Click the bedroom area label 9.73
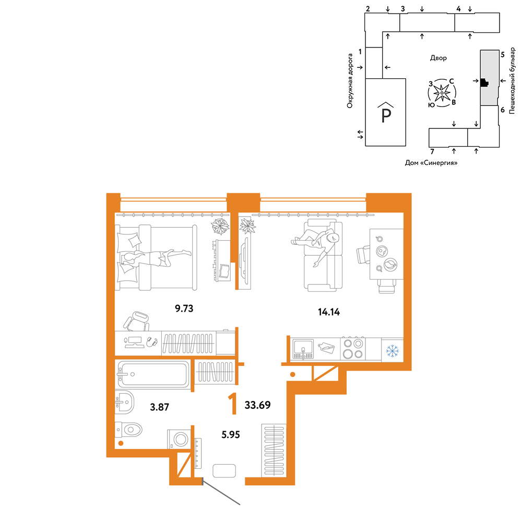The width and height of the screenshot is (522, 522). [184, 309]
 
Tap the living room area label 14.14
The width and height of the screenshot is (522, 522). [328, 312]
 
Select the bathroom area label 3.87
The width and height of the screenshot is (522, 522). [159, 407]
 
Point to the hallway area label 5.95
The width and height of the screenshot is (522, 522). [231, 434]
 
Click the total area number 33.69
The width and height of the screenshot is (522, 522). [258, 405]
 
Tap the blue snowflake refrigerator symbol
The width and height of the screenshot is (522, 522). [392, 351]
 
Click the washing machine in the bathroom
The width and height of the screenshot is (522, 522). [180, 439]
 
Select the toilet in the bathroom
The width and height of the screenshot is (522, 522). [128, 430]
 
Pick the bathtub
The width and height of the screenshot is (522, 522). [153, 374]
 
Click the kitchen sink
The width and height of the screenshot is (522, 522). [303, 349]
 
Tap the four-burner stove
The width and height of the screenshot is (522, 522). [353, 348]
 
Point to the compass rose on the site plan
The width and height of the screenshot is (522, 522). [442, 93]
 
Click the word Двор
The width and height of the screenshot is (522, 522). [438, 58]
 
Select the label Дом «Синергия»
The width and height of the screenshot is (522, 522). [431, 163]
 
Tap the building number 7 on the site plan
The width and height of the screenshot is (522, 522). [432, 152]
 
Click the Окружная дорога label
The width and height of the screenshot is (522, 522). [350, 81]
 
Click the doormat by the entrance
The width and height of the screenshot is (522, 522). [224, 471]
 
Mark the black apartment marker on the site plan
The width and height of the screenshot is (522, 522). [484, 82]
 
